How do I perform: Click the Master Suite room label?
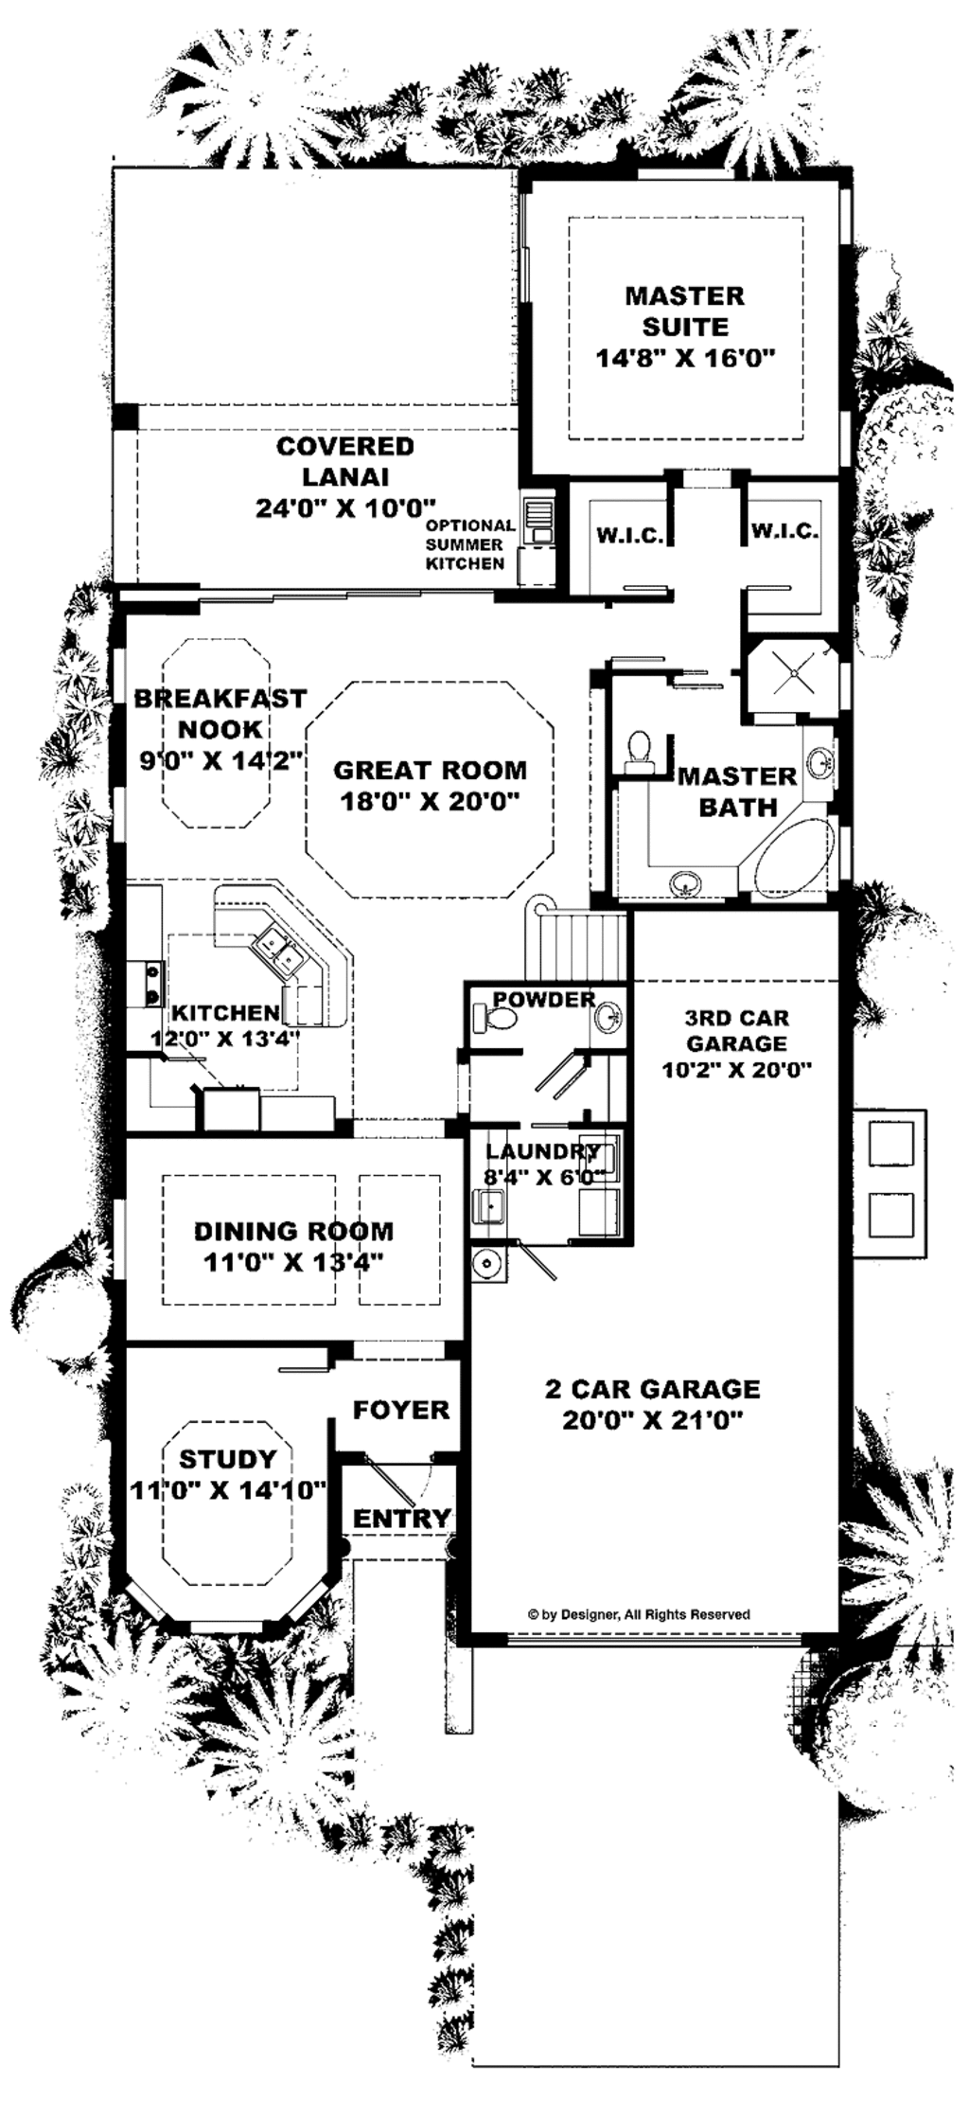(x=685, y=311)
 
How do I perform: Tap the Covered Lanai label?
(x=344, y=461)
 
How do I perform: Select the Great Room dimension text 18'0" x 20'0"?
(x=430, y=802)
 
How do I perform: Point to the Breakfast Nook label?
(x=220, y=714)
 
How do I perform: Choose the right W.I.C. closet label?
(x=784, y=532)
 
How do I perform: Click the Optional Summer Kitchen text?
(x=469, y=544)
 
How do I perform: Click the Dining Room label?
(x=293, y=1231)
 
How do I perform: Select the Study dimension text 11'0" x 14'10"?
(x=228, y=1489)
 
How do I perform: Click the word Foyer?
(x=401, y=1410)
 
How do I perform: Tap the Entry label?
(x=401, y=1518)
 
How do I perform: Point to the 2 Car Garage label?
(x=652, y=1389)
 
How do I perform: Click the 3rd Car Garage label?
(x=736, y=1030)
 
